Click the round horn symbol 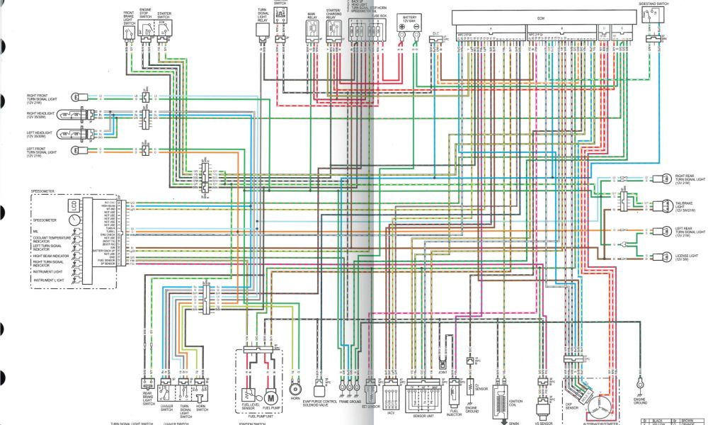(295, 390)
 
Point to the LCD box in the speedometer (72, 205)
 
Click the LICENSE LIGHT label (686, 258)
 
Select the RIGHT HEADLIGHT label (40, 113)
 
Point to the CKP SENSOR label (572, 409)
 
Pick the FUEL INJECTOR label (455, 412)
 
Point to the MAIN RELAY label (312, 14)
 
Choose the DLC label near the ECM (436, 33)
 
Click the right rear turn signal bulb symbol (666, 178)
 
